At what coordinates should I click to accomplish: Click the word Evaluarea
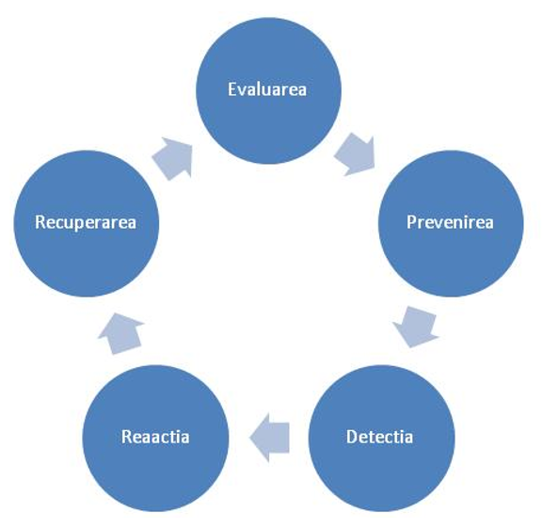tap(267, 89)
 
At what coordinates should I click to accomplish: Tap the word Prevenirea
tap(450, 222)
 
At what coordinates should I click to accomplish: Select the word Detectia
tap(379, 437)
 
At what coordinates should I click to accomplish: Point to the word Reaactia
tap(155, 437)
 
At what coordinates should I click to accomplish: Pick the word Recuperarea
tap(86, 222)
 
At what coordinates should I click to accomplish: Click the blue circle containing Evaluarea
tap(268, 90)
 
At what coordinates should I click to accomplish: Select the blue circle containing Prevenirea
tap(451, 223)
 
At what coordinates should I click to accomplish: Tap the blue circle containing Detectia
tap(382, 438)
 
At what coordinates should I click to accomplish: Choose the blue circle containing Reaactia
tap(155, 438)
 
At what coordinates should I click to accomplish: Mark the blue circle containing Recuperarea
tap(87, 223)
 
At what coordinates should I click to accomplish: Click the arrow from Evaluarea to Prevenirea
tap(356, 154)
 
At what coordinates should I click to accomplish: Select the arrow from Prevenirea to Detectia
tap(416, 327)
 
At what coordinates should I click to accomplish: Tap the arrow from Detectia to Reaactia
tap(269, 438)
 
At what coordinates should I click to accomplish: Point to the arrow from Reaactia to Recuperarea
tap(121, 333)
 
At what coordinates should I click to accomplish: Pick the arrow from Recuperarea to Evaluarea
tap(173, 158)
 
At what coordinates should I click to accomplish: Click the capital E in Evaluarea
tap(231, 89)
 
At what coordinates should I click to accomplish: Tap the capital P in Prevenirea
tap(411, 222)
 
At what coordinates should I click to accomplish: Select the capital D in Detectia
tap(352, 437)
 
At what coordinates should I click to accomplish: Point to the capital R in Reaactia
tap(127, 437)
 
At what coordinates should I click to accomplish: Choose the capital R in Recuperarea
tap(40, 222)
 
